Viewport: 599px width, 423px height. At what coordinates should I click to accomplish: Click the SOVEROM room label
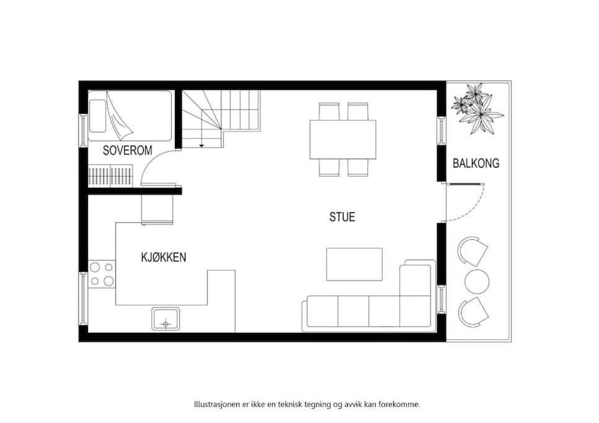coord(128,150)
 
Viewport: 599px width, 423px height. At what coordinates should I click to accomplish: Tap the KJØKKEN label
coord(164,257)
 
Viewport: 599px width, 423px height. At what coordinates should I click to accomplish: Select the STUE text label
coord(342,217)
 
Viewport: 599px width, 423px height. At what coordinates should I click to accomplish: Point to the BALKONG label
coord(476,164)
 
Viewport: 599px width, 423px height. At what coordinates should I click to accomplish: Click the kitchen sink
coord(166,319)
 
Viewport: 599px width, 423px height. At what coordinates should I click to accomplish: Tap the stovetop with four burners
coord(102,274)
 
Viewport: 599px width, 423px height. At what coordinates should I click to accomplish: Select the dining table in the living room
coord(343,139)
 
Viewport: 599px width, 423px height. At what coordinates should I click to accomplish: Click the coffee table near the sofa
coord(355,264)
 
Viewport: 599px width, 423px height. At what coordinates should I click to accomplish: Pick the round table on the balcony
coord(477,282)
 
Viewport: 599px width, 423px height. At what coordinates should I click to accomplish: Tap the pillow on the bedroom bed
coord(97,116)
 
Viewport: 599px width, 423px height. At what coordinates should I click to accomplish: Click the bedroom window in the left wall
coord(83,129)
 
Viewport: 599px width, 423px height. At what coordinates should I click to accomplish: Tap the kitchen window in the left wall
coord(83,298)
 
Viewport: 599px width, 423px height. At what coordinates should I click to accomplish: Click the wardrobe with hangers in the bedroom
coord(111,176)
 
